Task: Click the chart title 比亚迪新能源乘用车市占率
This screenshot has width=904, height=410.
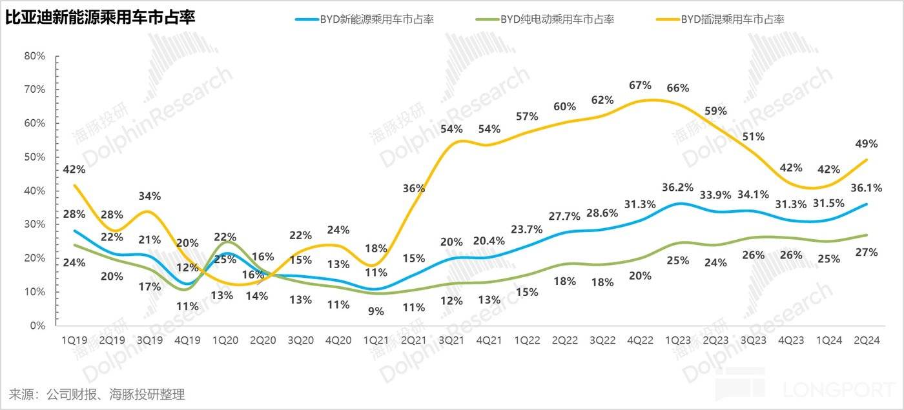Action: tap(100, 19)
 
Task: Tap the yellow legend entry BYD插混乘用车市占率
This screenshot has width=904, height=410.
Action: tap(732, 19)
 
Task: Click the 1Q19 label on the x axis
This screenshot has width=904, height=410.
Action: tap(75, 340)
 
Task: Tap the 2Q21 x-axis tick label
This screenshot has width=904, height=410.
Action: tap(413, 340)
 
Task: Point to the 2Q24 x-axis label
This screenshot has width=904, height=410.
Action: tap(865, 340)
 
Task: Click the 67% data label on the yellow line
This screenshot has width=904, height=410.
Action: tap(639, 86)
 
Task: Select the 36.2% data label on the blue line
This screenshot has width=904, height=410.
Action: tap(678, 188)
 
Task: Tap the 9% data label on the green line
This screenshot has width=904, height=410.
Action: tap(376, 311)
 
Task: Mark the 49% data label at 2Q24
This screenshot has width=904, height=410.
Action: tap(865, 144)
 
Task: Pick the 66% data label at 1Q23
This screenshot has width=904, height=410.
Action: tap(678, 88)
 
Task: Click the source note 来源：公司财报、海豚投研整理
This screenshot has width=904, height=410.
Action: tap(97, 394)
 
